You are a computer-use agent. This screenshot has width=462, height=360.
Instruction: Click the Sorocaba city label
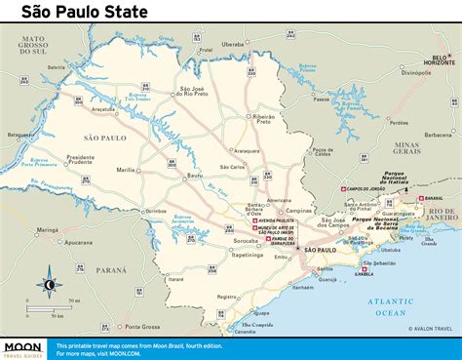tap(247, 239)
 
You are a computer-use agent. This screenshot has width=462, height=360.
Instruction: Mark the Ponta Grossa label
tap(143, 326)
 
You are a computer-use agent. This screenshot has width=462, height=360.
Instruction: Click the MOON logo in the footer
tap(25, 346)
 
